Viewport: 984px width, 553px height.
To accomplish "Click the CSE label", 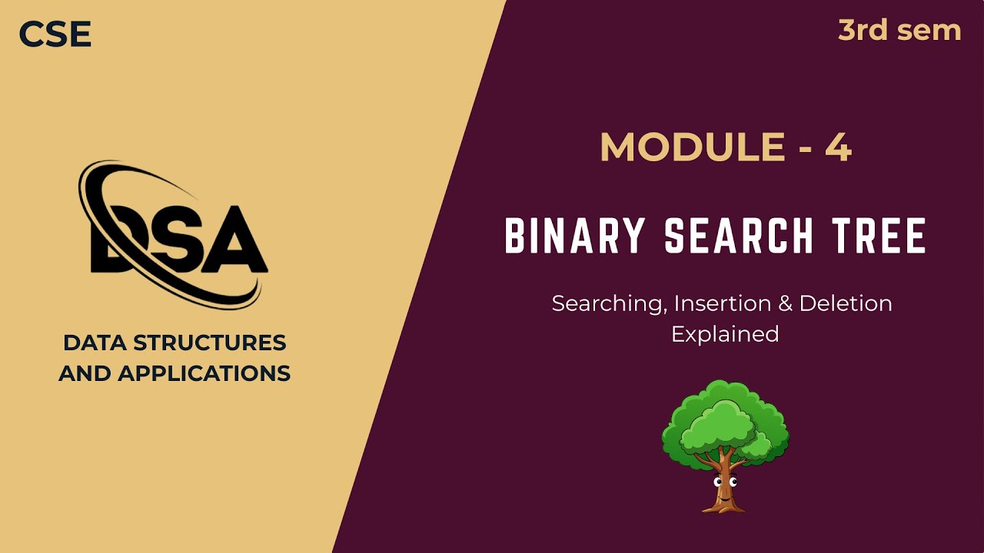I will [55, 35].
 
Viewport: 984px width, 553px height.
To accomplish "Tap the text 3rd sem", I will [899, 31].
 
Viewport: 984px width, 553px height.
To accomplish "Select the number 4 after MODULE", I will [838, 147].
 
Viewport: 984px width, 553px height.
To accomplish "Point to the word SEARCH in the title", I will [739, 237].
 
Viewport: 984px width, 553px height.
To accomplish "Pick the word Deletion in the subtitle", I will [846, 303].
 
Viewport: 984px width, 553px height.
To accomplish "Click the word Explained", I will [725, 334].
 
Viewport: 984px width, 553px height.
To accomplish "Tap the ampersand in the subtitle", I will [785, 303].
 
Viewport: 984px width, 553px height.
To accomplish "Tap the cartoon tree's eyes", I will [725, 482].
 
